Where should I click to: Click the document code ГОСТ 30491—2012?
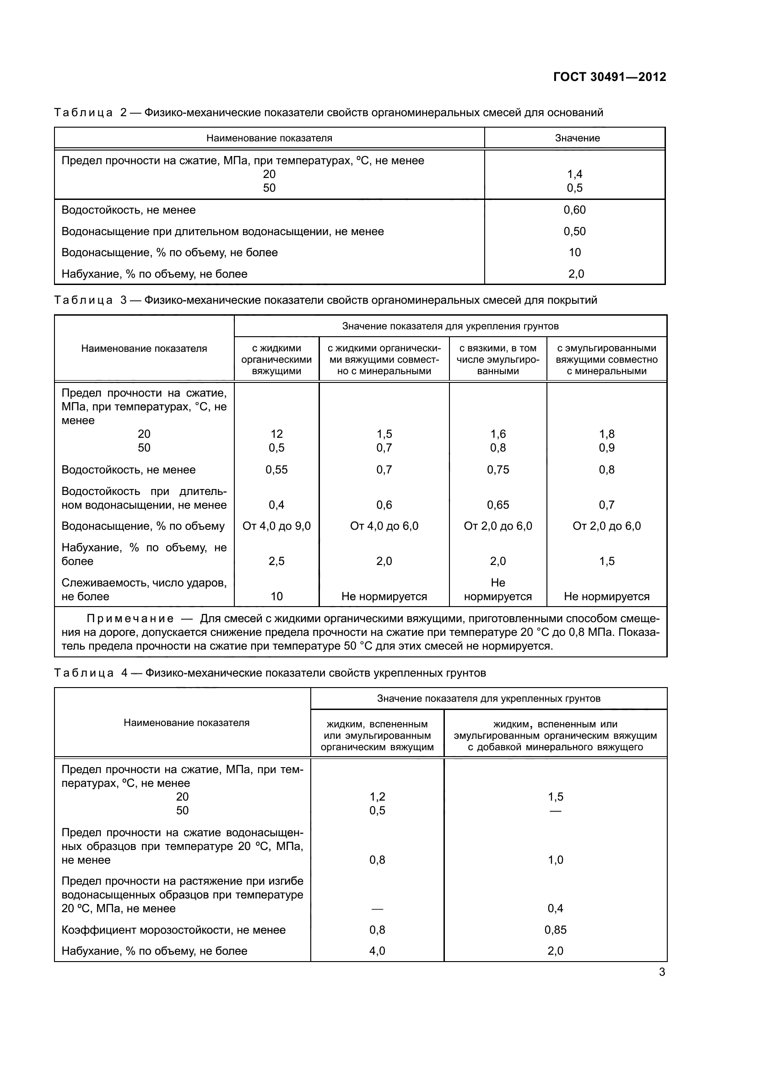[609, 77]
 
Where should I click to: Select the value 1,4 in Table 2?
[574, 174]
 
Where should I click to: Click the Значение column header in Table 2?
[577, 138]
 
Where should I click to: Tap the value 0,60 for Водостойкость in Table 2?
[574, 210]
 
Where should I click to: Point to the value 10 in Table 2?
[574, 252]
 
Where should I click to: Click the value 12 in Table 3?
[276, 434]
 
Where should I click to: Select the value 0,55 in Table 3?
[276, 470]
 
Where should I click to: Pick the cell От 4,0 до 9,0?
[276, 526]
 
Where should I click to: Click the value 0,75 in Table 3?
[498, 470]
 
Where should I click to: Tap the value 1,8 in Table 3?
[606, 434]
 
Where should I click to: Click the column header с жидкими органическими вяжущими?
[276, 359]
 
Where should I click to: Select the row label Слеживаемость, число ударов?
[144, 583]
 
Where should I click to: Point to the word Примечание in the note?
[130, 619]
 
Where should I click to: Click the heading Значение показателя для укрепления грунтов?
[450, 326]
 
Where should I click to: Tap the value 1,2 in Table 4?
[377, 796]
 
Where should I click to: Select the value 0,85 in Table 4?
[555, 930]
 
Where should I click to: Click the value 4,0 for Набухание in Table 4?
[377, 951]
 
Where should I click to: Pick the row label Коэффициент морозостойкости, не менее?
[173, 930]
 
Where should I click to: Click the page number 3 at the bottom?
[662, 972]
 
